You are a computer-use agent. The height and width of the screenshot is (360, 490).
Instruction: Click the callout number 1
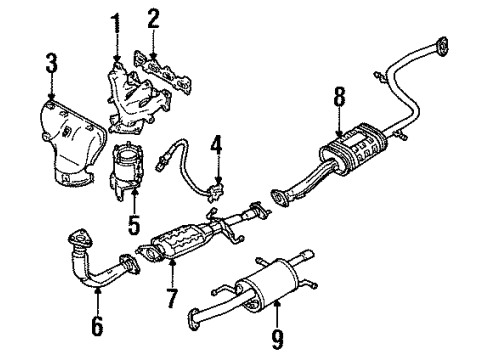coord(116,20)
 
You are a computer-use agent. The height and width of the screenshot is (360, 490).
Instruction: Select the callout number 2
coord(152,18)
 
